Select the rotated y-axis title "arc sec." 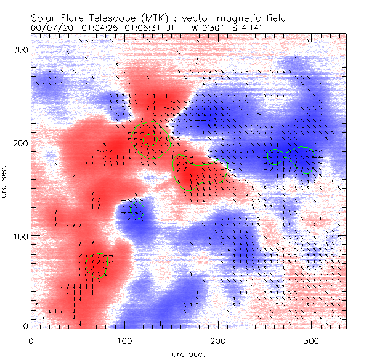6,181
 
